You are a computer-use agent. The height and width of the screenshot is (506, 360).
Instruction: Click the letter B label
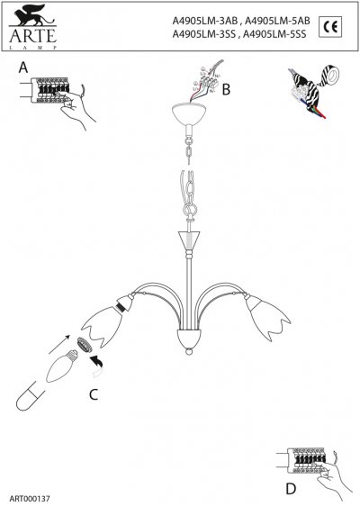tap(227, 89)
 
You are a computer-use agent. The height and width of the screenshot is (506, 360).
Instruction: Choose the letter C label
tap(92, 393)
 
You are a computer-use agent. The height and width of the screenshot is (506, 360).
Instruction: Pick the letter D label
tap(289, 489)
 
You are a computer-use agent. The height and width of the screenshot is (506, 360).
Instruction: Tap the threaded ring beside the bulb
tap(85, 348)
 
